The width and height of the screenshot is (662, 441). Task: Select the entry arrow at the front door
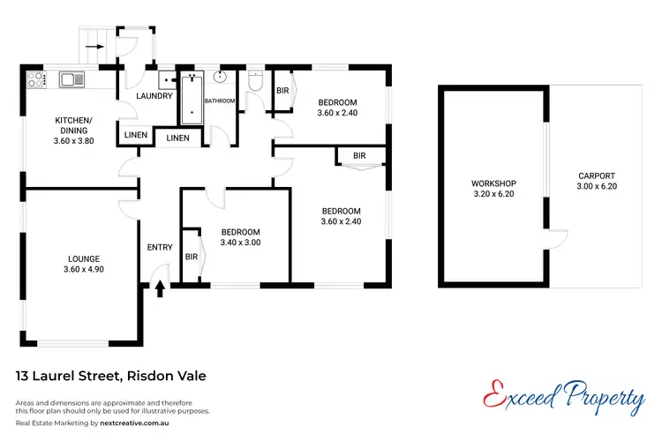point(160,288)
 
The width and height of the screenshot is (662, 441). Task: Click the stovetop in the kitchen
point(37,80)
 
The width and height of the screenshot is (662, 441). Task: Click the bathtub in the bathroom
point(191,100)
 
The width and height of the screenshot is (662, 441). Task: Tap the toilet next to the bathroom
point(256,83)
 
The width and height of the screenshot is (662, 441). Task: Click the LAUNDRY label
point(153,96)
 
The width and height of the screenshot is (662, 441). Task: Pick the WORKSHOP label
point(493,183)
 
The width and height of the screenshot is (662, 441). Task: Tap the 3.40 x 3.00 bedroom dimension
point(240,243)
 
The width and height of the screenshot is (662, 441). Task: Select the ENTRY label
point(160,247)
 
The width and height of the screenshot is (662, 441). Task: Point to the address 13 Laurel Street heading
point(111,376)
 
